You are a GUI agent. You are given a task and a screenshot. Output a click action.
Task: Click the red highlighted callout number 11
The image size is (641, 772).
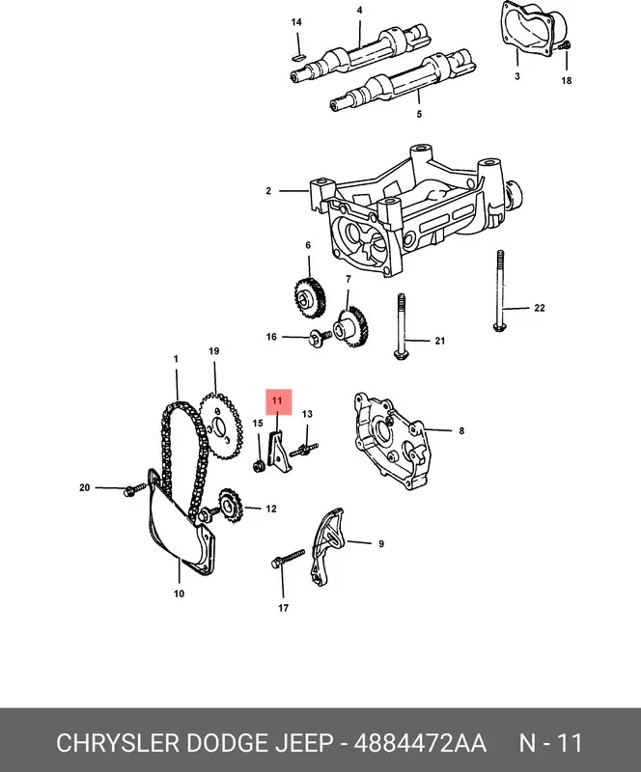click(278, 401)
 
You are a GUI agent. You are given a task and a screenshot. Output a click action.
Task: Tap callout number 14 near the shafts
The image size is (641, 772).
click(296, 22)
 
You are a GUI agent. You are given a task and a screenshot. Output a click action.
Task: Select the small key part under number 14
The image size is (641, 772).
click(298, 58)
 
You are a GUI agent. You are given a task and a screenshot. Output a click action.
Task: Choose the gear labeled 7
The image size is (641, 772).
click(351, 326)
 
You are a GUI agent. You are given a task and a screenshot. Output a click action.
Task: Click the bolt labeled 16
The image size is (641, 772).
click(320, 338)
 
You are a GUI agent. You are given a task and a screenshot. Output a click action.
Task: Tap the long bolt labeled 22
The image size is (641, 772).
click(500, 291)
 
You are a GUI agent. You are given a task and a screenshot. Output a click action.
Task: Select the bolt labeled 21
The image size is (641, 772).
click(401, 326)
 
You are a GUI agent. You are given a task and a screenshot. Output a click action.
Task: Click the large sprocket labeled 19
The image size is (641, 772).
click(221, 426)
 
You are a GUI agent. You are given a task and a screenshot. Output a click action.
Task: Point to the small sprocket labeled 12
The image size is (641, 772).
click(230, 506)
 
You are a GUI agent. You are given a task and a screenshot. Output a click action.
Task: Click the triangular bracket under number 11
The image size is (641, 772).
click(276, 449)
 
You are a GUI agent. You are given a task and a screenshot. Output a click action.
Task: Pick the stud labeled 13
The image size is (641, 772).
click(303, 450)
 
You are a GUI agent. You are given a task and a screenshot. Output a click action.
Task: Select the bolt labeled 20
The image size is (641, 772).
click(134, 489)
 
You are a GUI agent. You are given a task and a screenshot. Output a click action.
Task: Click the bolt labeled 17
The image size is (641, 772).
click(289, 559)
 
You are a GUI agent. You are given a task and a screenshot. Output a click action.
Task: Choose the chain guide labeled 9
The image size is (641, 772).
click(326, 547)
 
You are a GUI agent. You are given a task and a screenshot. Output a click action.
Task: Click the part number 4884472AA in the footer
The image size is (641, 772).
click(420, 742)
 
